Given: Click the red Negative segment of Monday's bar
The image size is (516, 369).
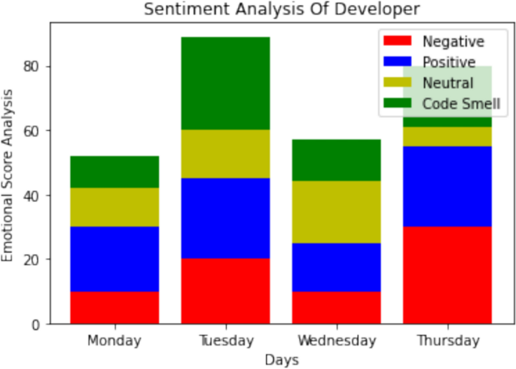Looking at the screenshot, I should [x=114, y=307].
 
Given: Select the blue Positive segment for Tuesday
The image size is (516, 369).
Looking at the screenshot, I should [x=225, y=218].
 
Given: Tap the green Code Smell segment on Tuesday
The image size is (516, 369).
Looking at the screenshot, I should [x=225, y=83].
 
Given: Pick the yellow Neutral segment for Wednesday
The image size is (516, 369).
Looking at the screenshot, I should [x=336, y=212].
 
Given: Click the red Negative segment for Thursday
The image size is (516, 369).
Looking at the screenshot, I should [x=447, y=275].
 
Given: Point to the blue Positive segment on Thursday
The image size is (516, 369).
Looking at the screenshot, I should [x=447, y=186].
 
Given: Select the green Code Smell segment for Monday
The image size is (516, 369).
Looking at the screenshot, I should [x=114, y=172].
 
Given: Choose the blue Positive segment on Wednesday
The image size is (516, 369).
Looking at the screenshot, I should [x=336, y=267].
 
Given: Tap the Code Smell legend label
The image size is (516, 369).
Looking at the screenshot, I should [x=461, y=103].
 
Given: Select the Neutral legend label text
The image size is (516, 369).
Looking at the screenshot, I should [x=447, y=83].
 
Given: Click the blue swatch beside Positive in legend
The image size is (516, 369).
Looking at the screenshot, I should [x=398, y=62].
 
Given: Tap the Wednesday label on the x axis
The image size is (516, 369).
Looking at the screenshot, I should [x=336, y=340].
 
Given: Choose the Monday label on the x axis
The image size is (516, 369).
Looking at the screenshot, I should [x=114, y=340].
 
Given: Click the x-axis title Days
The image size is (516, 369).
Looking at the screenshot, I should [x=280, y=360].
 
